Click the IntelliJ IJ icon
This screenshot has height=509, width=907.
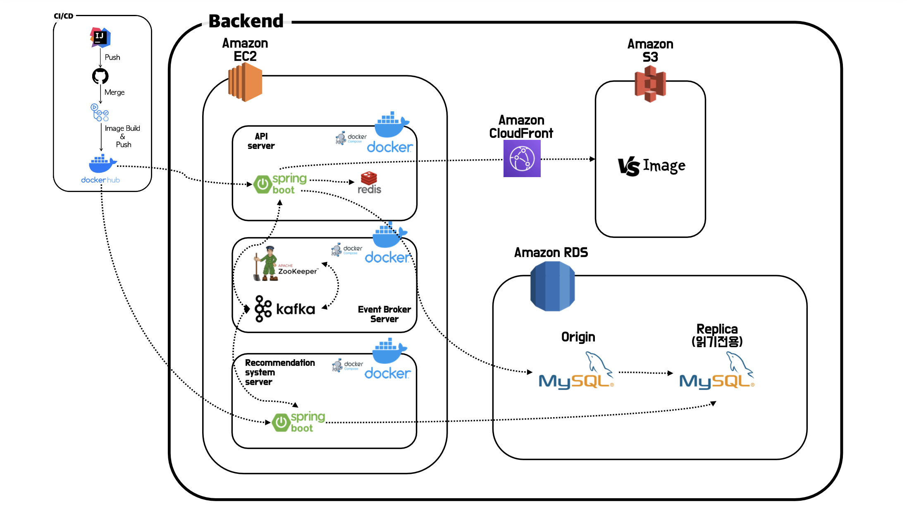(100, 37)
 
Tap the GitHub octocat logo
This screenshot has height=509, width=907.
(100, 76)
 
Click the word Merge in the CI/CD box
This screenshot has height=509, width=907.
(115, 92)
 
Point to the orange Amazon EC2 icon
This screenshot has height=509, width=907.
(245, 82)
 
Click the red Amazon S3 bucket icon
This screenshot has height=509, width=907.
(650, 84)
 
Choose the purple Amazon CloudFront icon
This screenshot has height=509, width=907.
(522, 158)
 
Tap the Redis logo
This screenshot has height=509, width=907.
(369, 182)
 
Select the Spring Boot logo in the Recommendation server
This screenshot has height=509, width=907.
(299, 422)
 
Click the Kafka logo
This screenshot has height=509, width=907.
(285, 309)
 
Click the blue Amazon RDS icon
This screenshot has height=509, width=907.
(552, 286)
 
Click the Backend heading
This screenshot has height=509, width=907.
(246, 21)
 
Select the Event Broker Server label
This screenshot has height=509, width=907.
(384, 314)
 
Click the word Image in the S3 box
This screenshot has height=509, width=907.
(664, 166)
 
